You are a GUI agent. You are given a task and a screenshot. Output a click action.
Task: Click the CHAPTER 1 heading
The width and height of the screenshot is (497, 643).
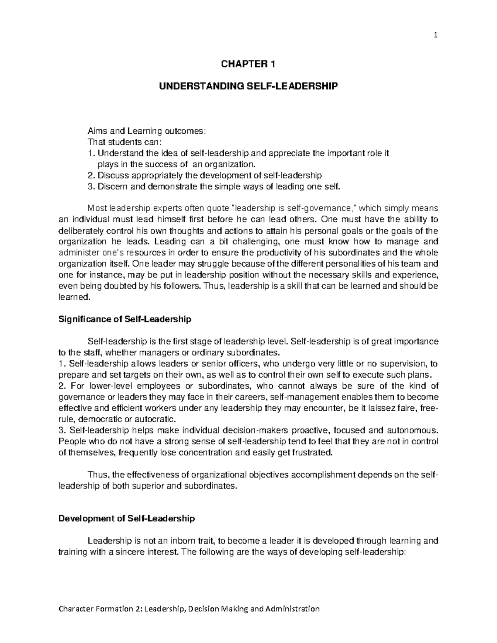point(248,64)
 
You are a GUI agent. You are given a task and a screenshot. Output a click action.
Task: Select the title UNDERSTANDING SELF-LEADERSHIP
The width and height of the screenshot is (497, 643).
point(248,86)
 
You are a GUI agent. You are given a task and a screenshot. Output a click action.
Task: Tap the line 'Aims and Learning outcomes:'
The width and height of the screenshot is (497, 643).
point(146,131)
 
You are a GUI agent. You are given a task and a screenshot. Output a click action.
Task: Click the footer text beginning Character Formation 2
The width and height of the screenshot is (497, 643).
point(189,609)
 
